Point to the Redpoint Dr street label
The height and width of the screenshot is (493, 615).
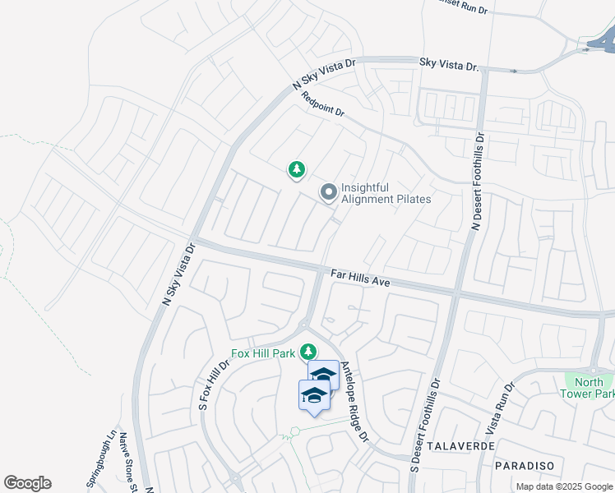323,105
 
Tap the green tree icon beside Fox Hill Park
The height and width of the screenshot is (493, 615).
308,352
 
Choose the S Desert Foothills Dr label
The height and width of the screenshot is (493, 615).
426,426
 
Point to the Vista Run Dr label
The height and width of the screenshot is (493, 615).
502,408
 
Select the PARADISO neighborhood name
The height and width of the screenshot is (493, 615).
525,465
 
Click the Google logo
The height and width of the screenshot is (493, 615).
27,483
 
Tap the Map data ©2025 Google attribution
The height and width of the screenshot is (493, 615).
563,486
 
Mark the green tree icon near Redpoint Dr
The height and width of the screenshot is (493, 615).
296,170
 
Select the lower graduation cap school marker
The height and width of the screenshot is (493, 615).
313,397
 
